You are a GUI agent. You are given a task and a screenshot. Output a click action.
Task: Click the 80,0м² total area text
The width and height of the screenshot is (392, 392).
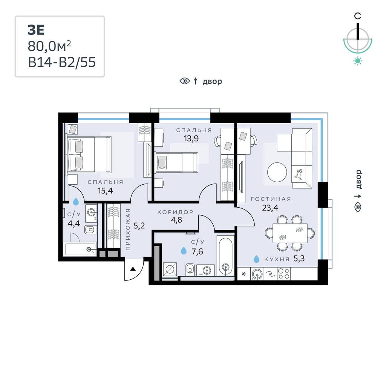click(x=49, y=46)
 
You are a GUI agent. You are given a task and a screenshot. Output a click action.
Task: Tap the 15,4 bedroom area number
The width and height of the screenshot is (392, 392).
click(x=105, y=191)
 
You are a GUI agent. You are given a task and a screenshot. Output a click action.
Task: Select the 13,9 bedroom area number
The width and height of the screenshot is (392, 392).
click(x=191, y=138)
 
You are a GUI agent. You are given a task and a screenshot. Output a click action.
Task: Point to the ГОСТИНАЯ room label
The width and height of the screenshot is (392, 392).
click(x=271, y=199)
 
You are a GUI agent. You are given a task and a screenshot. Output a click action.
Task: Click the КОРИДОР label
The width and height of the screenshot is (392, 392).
click(x=175, y=212)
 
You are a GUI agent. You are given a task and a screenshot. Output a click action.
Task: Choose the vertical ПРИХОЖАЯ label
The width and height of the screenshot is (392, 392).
click(x=128, y=229)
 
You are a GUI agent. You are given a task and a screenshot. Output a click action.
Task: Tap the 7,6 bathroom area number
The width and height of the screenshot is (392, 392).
click(x=197, y=251)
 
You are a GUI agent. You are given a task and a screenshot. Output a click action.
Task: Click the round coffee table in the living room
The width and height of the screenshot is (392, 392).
click(x=277, y=172)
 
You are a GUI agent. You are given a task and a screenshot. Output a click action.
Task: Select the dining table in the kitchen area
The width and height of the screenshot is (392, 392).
click(x=290, y=233)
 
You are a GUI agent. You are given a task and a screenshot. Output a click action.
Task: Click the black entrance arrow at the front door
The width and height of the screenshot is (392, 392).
click(x=133, y=269)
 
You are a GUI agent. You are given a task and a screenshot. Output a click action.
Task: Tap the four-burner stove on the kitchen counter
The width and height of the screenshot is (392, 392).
click(x=284, y=274)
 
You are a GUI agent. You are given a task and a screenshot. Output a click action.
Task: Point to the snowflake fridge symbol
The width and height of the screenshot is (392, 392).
click(x=244, y=274)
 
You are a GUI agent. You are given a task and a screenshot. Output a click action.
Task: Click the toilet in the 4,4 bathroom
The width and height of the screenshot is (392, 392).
click(x=90, y=229)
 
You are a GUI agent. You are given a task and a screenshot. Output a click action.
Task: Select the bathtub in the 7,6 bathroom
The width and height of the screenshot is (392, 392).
click(x=226, y=257)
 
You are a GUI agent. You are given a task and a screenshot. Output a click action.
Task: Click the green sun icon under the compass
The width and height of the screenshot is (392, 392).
click(x=358, y=61)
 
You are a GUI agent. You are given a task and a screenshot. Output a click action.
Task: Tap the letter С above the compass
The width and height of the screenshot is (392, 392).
click(x=357, y=16)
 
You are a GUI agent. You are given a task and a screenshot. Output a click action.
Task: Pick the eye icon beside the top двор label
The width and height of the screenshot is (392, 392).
click(x=185, y=81)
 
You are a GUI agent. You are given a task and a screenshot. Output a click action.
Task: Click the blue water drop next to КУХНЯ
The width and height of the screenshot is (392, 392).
click(x=256, y=259)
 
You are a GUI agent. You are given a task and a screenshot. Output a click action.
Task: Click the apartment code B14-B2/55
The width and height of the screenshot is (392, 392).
click(x=62, y=62)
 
